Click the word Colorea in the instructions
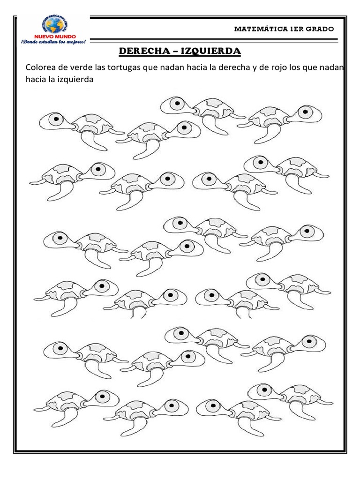pyautogui.click(x=40, y=68)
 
